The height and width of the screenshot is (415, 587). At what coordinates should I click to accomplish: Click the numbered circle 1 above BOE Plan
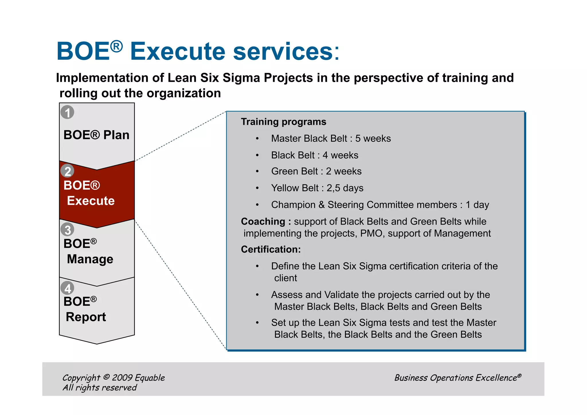(67, 112)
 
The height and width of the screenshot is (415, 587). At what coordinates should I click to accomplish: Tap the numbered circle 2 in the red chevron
(67, 171)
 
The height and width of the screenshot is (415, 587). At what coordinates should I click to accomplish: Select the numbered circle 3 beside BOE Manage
(67, 230)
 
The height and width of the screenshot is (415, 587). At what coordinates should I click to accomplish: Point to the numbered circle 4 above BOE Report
(67, 288)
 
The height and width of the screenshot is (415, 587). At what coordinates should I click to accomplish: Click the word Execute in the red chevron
(91, 201)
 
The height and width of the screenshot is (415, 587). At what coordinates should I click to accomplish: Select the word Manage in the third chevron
(90, 259)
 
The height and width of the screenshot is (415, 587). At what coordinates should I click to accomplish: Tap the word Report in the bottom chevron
(86, 317)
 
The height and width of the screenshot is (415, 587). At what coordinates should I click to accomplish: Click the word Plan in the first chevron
(116, 135)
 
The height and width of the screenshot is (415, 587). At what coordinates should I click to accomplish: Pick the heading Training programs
(283, 122)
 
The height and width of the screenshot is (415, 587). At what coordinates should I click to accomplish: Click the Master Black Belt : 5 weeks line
(331, 139)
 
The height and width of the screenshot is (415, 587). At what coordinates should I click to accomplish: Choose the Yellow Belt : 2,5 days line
(317, 188)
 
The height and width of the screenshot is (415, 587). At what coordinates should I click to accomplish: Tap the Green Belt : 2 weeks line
(316, 172)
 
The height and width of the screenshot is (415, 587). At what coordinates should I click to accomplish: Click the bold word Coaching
(263, 221)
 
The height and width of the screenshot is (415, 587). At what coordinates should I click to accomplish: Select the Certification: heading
(271, 250)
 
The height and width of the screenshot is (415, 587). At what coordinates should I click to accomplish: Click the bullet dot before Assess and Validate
(257, 295)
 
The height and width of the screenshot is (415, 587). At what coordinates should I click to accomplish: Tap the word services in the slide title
(283, 52)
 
